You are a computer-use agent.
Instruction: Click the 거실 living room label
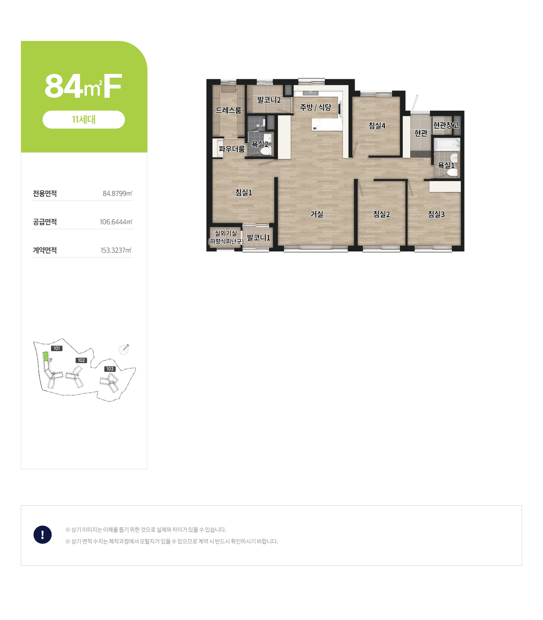point(317,214)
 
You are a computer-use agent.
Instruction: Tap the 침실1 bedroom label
point(244,192)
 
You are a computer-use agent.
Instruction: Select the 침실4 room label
point(377,125)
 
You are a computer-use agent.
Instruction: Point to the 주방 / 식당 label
point(315,107)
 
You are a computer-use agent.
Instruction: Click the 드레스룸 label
point(228,110)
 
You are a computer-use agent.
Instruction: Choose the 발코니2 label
point(269,100)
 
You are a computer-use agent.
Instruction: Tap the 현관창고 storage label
point(446,125)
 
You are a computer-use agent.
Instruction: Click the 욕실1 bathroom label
point(446,165)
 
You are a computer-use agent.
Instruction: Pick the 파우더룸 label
point(232,149)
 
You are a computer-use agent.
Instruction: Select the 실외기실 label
point(226,233)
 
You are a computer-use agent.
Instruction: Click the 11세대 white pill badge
point(84,119)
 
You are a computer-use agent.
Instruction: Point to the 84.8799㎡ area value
point(117,193)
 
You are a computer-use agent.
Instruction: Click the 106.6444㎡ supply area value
point(116,222)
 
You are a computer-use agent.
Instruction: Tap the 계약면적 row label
point(45,250)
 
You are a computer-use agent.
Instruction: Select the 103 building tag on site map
point(110,369)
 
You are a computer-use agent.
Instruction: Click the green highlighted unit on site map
point(46,357)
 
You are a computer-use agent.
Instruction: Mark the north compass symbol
point(124,349)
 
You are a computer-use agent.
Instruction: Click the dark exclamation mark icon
point(43,534)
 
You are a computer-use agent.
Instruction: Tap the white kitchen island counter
point(327,124)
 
